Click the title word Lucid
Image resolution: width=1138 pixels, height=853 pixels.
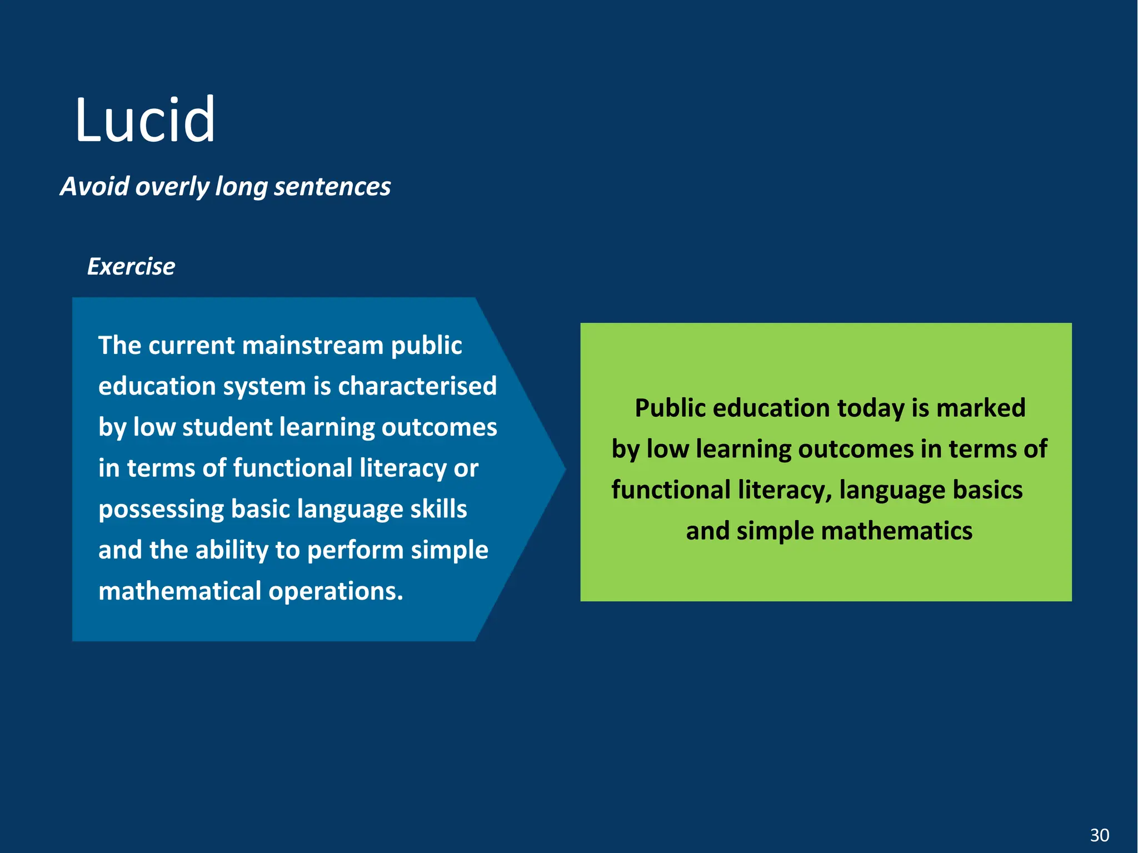[x=144, y=119]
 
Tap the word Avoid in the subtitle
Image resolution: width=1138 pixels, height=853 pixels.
[x=94, y=186]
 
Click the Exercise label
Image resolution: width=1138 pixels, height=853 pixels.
[x=131, y=267]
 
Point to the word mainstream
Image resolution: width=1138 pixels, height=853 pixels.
[x=313, y=345]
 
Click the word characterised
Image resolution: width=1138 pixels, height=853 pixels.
[x=417, y=386]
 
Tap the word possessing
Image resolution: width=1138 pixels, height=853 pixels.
[x=161, y=509]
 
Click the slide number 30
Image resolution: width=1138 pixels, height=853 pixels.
[x=1099, y=835]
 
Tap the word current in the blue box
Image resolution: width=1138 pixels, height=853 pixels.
[x=192, y=345]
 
